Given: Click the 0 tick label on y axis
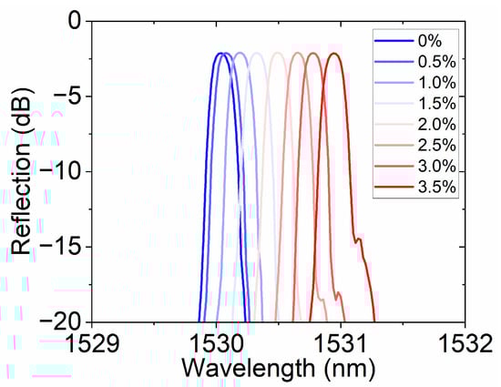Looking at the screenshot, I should click(74, 21).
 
